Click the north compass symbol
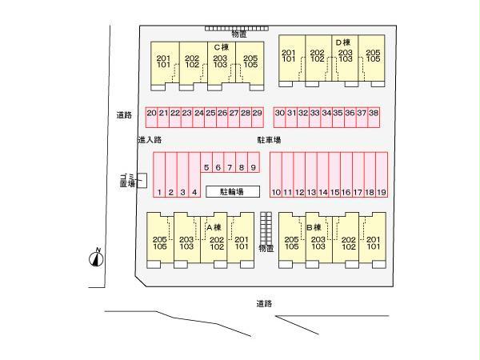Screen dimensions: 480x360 click(97, 258)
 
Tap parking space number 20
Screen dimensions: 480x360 click(151, 117)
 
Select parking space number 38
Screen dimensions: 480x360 click(374, 117)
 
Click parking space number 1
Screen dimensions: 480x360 click(159, 174)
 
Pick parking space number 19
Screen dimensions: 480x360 click(382, 174)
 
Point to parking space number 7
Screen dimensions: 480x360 click(230, 162)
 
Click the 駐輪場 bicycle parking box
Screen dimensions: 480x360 click(233, 192)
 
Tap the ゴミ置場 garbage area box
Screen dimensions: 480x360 click(142, 181)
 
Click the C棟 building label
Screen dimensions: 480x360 click(222, 47)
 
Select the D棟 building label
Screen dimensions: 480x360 click(343, 42)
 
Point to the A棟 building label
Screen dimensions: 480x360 click(214, 227)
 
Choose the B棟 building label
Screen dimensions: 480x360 click(314, 227)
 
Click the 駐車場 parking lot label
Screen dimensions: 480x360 click(269, 140)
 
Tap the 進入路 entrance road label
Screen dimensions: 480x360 click(150, 140)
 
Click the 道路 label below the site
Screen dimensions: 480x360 click(264, 304)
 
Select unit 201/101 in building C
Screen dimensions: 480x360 click(165, 63)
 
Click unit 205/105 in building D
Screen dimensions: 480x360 click(372, 58)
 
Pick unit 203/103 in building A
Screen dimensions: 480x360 click(187, 240)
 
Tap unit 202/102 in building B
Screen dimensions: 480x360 click(346, 240)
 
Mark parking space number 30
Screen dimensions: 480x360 click(279, 117)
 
